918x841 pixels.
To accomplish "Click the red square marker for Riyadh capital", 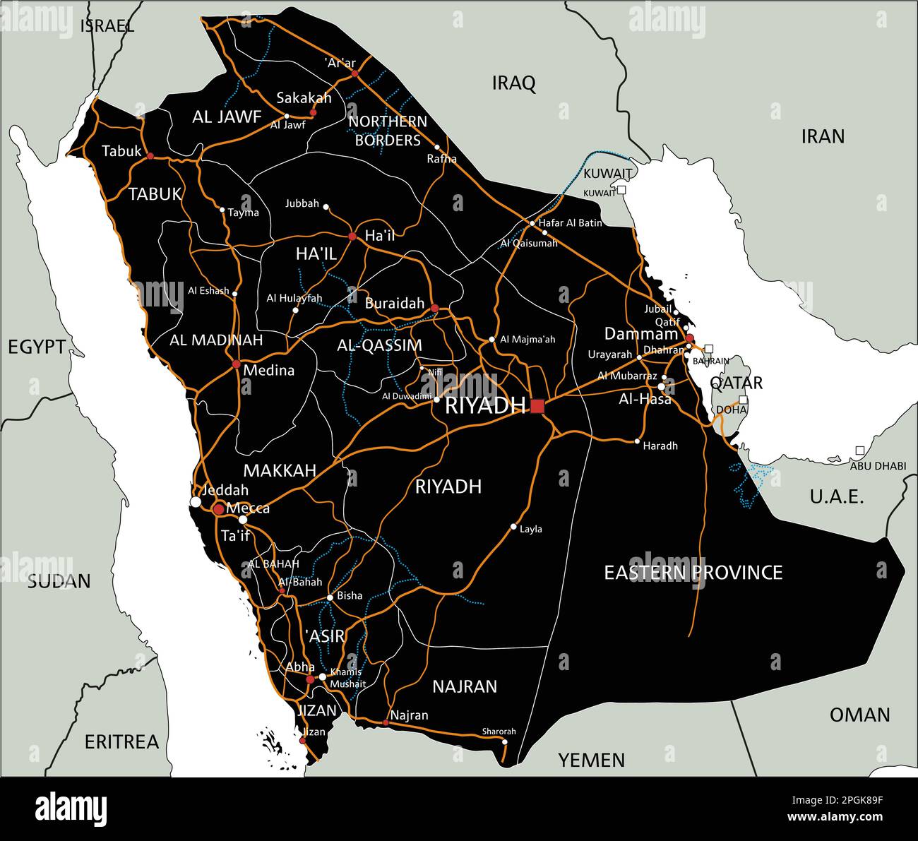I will (537, 406).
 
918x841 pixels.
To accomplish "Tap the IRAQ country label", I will (513, 83).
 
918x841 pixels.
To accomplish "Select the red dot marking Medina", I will (236, 364).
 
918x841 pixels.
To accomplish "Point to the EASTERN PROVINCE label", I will (693, 572).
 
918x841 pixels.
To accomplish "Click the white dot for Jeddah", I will (196, 502).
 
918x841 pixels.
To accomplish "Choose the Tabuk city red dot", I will (150, 155).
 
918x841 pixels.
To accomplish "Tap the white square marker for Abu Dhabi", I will (859, 450).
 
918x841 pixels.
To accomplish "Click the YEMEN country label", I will (592, 760).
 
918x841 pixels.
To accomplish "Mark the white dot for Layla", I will (513, 527).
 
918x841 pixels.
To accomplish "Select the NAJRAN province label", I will (465, 686).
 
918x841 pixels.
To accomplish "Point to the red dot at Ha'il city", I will (352, 236).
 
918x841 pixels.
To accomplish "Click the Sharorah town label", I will (499, 732).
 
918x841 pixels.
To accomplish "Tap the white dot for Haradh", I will (637, 442).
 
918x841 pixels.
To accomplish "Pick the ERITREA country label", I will (121, 742).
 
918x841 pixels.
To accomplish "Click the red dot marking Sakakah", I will (313, 112).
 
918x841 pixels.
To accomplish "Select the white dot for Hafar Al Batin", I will (533, 223).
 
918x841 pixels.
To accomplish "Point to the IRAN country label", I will (823, 136).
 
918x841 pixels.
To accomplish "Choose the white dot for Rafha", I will (437, 148).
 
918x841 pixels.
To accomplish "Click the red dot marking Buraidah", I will (434, 309).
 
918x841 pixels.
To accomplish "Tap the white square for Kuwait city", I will (621, 190).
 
